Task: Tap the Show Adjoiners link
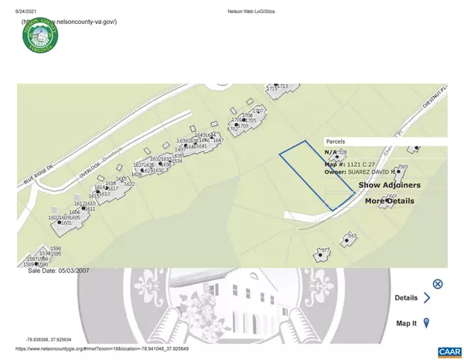click(x=389, y=185)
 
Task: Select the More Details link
click(x=389, y=201)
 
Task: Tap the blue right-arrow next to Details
click(x=426, y=297)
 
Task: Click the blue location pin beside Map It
click(x=426, y=324)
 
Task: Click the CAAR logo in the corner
click(x=448, y=352)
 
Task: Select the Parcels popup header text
click(x=335, y=142)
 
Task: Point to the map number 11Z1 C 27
click(x=361, y=164)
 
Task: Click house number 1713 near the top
click(x=283, y=86)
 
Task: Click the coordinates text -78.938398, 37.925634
click(x=54, y=339)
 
